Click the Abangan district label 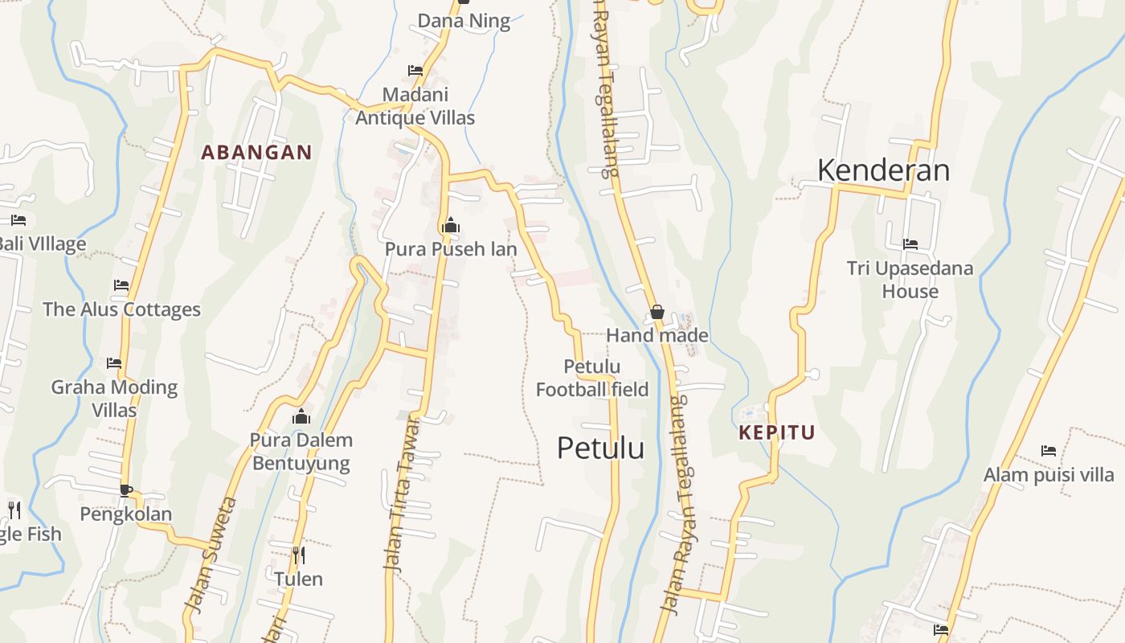(x=256, y=153)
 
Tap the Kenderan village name (x=883, y=170)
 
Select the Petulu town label (x=600, y=448)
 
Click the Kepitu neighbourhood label (x=776, y=432)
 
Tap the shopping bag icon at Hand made (x=657, y=312)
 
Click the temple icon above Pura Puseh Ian (x=450, y=225)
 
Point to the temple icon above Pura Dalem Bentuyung (x=301, y=416)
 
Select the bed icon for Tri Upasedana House (x=910, y=244)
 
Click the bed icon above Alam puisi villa (x=1048, y=451)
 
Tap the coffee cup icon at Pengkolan (x=125, y=489)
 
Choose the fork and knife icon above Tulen (x=298, y=555)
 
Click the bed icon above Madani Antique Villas (x=415, y=71)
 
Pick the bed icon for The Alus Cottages (x=121, y=285)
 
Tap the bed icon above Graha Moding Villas (x=114, y=363)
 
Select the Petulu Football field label (x=592, y=379)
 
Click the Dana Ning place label (x=464, y=21)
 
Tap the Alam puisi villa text (x=1049, y=474)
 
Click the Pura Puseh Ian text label (x=450, y=249)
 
